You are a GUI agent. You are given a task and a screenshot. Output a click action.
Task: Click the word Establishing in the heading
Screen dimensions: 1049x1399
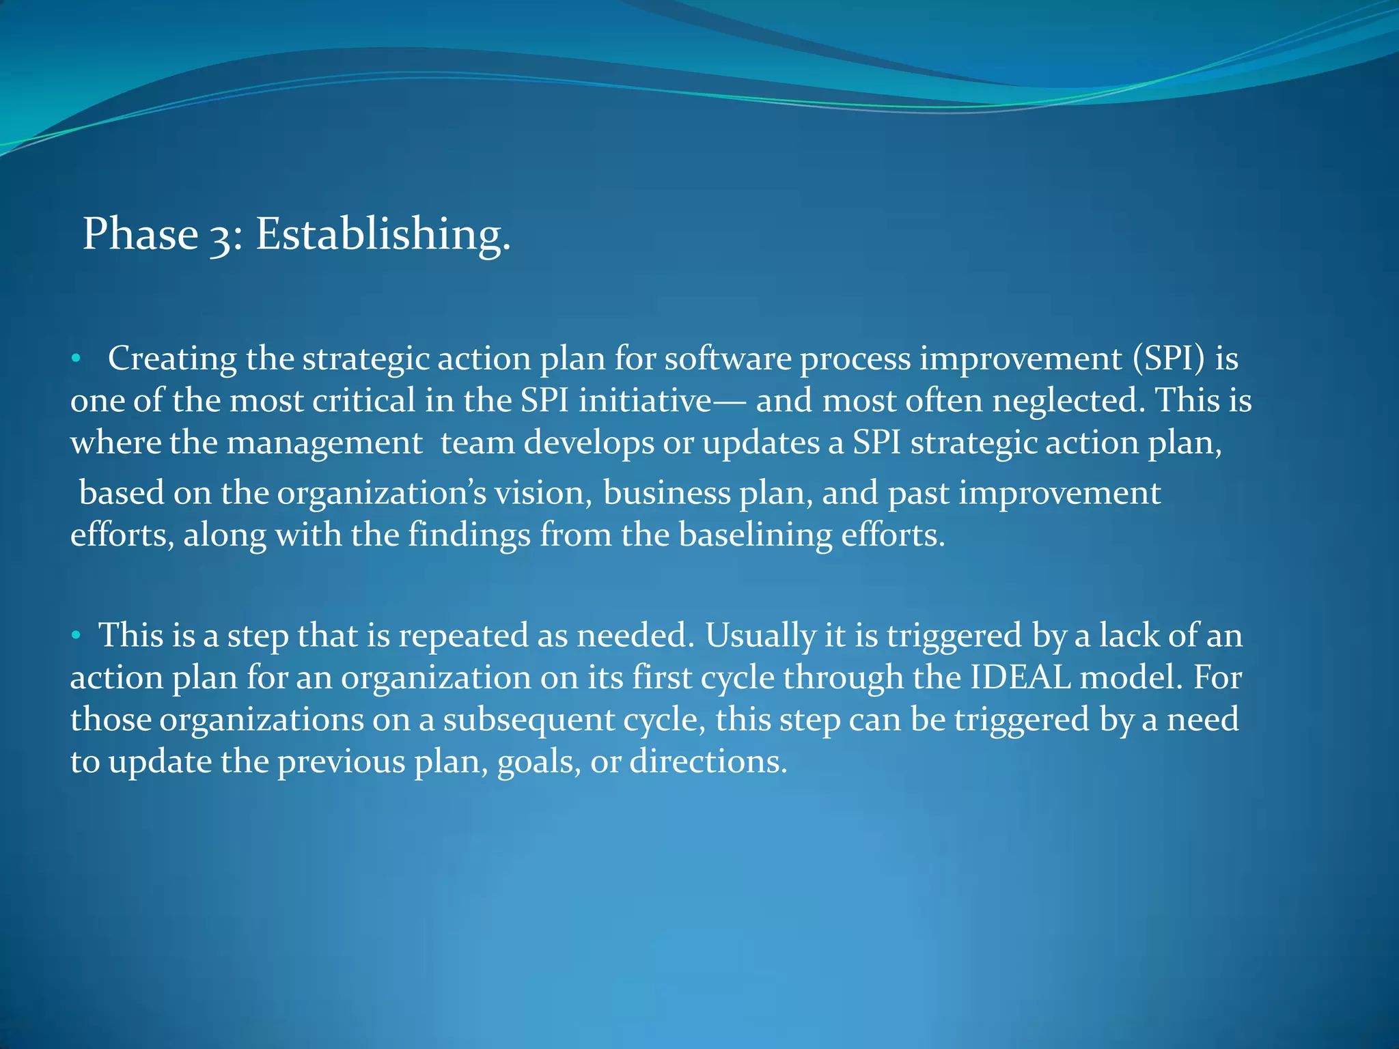tap(383, 234)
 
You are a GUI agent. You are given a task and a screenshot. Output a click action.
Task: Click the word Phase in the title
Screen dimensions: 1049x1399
tap(140, 234)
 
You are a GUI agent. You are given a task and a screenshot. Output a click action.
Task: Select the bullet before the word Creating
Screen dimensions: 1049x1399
tap(77, 359)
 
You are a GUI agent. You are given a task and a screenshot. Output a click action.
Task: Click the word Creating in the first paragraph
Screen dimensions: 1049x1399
tap(172, 359)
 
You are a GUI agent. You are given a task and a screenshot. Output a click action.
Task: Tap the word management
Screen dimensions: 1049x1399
tap(324, 443)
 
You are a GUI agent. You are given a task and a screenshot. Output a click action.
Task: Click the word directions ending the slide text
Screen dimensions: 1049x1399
tap(708, 761)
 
